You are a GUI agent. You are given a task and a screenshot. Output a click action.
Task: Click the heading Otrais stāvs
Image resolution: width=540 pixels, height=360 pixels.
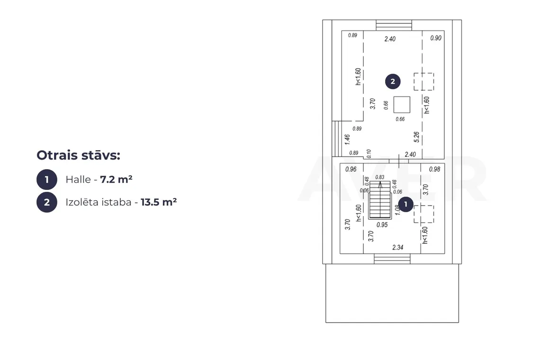pyautogui.click(x=78, y=155)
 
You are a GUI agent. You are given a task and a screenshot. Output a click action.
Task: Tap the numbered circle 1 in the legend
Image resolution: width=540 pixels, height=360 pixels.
pyautogui.click(x=47, y=180)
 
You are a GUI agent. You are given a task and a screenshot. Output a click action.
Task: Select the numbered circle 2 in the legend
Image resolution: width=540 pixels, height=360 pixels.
pyautogui.click(x=47, y=202)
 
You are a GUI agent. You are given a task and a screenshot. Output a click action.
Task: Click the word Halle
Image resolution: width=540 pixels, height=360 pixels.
pyautogui.click(x=78, y=180)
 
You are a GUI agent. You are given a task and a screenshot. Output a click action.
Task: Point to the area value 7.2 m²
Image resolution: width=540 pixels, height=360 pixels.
pyautogui.click(x=117, y=179)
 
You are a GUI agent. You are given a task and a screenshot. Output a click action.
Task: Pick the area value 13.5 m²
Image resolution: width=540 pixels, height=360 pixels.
pyautogui.click(x=159, y=202)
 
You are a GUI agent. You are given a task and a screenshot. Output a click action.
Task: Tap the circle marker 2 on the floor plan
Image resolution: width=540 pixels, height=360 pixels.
pyautogui.click(x=393, y=81)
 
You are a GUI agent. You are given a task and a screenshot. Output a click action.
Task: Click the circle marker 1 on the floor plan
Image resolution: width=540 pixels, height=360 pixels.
pyautogui.click(x=405, y=204)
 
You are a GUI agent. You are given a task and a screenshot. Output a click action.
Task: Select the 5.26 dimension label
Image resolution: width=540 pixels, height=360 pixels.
pyautogui.click(x=417, y=137)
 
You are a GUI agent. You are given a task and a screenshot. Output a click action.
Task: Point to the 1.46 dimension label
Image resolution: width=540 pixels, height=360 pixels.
pyautogui.click(x=347, y=139)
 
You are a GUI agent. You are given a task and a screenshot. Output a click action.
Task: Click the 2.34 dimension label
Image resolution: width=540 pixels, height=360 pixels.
pyautogui.click(x=398, y=247)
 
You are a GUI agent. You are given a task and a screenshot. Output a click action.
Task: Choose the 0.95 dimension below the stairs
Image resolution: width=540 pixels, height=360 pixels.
pyautogui.click(x=382, y=225)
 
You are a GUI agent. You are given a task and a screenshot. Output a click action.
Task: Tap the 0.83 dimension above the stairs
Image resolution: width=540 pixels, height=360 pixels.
pyautogui.click(x=380, y=177)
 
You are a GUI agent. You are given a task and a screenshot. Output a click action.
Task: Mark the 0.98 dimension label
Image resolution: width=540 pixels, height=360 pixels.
pyautogui.click(x=435, y=169)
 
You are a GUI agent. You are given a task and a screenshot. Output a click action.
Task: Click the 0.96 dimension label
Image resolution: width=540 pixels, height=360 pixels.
pyautogui.click(x=351, y=169)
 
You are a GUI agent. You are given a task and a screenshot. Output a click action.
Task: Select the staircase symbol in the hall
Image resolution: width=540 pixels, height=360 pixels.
pyautogui.click(x=380, y=200)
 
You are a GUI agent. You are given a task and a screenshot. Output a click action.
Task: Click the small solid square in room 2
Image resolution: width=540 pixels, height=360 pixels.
pyautogui.click(x=402, y=105)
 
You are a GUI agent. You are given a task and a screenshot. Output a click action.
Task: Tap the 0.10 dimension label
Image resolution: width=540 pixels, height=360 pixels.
pyautogui.click(x=369, y=153)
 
